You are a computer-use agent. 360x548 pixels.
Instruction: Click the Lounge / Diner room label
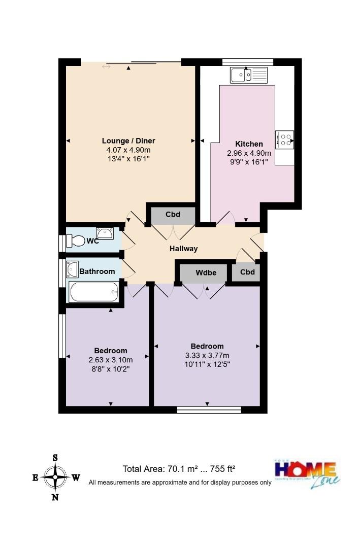(128, 141)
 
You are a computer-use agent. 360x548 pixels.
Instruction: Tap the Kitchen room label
(249, 144)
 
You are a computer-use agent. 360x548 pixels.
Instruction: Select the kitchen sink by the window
(248, 75)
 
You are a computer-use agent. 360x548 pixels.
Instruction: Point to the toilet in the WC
(77, 241)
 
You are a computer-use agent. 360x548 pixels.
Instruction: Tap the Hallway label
(183, 249)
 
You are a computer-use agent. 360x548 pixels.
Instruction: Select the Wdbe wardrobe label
(206, 272)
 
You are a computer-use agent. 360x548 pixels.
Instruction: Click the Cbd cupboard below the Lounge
(173, 214)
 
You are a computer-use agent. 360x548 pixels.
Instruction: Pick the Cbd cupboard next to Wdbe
(247, 272)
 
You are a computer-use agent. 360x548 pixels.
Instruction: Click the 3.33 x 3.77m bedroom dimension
(207, 355)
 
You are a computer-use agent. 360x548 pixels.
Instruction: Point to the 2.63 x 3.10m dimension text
(110, 360)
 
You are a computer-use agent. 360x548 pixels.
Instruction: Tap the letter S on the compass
(55, 457)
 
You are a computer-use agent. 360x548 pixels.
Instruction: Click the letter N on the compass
(55, 497)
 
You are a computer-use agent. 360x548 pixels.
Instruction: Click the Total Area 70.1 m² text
(179, 469)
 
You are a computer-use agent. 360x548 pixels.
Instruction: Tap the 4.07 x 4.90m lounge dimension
(128, 150)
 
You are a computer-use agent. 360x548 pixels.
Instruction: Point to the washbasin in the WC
(105, 234)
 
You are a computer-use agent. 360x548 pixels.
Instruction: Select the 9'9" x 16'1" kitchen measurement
(249, 162)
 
